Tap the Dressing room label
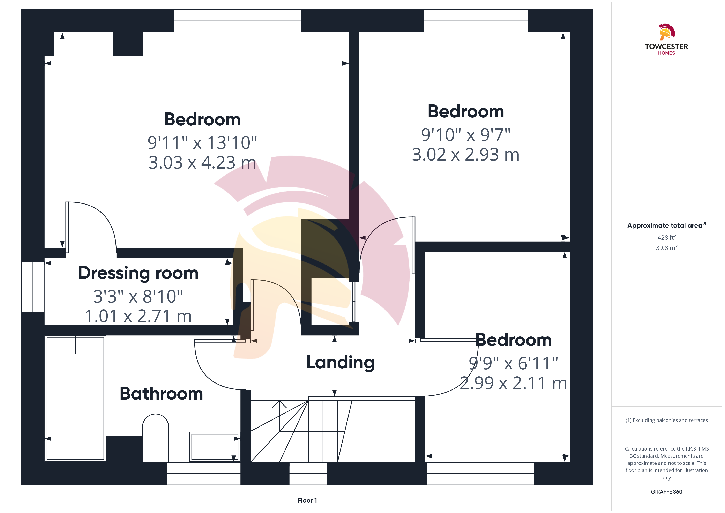138,273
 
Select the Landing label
340,362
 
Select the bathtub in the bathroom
75,399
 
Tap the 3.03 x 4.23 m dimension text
202,162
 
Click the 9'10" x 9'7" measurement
466,135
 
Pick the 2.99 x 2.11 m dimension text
513,383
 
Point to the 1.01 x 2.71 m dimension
138,316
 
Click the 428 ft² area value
667,237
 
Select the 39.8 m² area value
667,248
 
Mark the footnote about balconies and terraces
667,420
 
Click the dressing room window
33,287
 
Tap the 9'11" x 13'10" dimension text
202,143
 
